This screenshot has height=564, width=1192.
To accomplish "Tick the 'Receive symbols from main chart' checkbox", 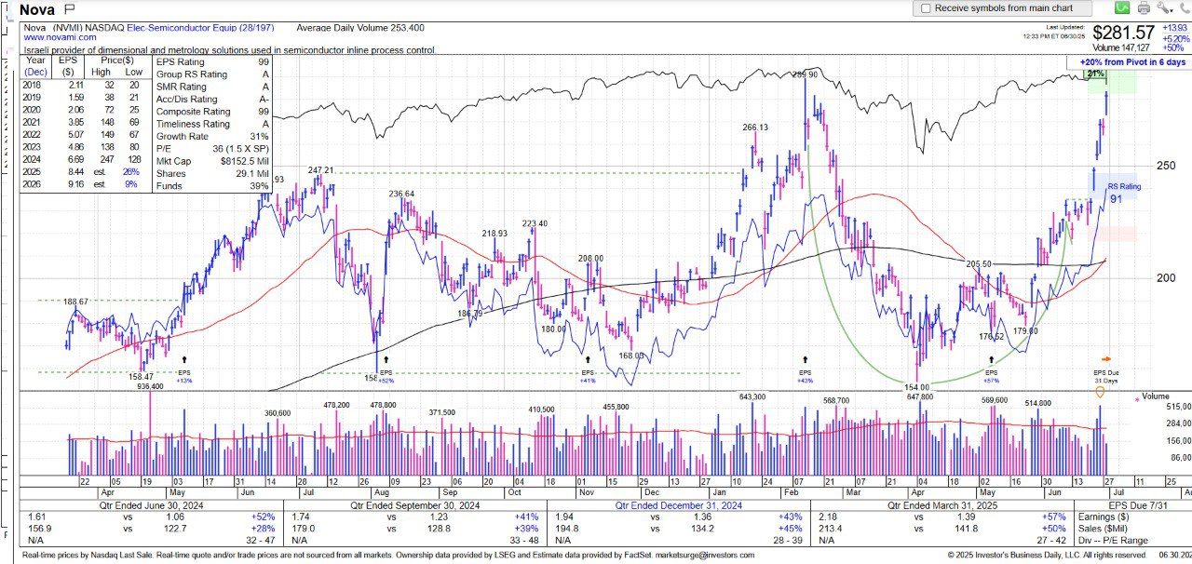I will pyautogui.click(x=926, y=8).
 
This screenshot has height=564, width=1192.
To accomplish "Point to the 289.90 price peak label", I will pyautogui.click(x=805, y=74).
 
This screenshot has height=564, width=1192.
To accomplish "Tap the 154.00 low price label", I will pyautogui.click(x=917, y=387).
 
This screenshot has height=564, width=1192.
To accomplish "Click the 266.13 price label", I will pyautogui.click(x=754, y=128).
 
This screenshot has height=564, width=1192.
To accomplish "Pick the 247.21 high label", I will pyautogui.click(x=321, y=170).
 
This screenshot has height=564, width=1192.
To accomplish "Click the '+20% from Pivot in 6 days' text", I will pyautogui.click(x=1132, y=61).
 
